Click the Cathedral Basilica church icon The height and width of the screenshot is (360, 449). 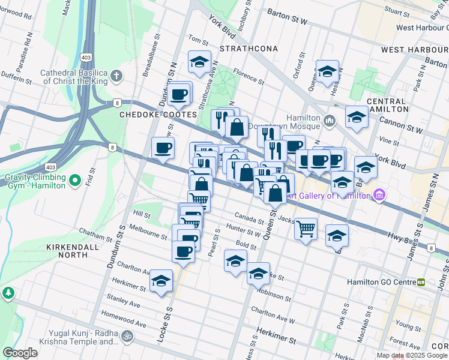point(116,76)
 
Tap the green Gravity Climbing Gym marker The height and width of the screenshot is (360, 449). point(74,179)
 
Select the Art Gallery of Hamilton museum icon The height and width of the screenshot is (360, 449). point(379,195)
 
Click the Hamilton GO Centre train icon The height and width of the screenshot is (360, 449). point(421,281)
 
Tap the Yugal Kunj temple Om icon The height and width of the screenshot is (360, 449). point(127,336)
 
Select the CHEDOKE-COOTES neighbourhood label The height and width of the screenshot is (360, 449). point(158,114)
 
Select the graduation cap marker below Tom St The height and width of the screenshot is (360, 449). point(199,61)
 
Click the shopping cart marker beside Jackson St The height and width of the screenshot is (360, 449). point(306,228)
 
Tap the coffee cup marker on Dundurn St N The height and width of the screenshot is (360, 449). point(179,94)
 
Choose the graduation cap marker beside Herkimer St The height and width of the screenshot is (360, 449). point(161,280)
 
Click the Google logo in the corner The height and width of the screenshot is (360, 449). point(20,353)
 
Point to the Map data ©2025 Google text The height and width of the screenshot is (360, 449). point(411,356)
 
